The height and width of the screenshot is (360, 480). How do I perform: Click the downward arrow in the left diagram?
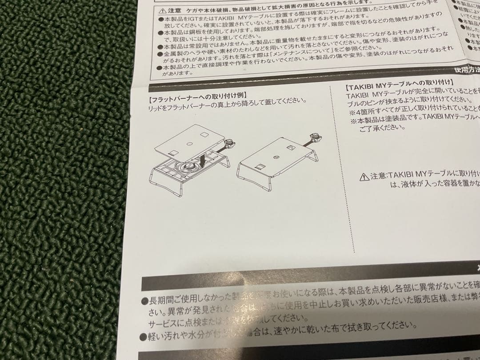tap(202, 159)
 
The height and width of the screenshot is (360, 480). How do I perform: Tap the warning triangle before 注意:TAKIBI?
tap(364, 177)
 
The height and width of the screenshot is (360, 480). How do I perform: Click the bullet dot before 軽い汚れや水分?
tap(144, 338)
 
